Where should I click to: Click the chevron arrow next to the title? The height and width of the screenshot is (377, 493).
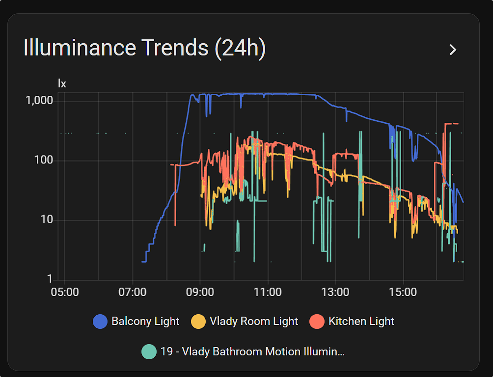pyautogui.click(x=453, y=50)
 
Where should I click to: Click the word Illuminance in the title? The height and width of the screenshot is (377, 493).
pyautogui.click(x=80, y=48)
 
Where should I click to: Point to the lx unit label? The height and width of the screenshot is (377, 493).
pyautogui.click(x=62, y=83)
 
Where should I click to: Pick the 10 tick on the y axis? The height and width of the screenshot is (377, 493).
pyautogui.click(x=46, y=219)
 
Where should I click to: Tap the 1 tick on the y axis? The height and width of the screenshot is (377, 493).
pyautogui.click(x=50, y=279)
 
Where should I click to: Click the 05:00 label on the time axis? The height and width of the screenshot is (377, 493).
pyautogui.click(x=65, y=292)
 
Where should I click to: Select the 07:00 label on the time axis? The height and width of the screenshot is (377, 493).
pyautogui.click(x=133, y=292)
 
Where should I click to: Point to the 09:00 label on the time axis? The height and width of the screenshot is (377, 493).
pyautogui.click(x=200, y=292)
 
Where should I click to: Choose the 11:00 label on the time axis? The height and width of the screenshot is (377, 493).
pyautogui.click(x=268, y=292)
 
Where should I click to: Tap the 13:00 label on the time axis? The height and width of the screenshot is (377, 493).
pyautogui.click(x=335, y=292)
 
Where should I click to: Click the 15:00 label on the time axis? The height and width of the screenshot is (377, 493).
pyautogui.click(x=403, y=292)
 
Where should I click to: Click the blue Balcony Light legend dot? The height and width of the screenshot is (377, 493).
pyautogui.click(x=100, y=322)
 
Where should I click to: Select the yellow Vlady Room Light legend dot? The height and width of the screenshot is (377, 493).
pyautogui.click(x=198, y=322)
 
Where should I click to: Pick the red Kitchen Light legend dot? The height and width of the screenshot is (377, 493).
pyautogui.click(x=317, y=322)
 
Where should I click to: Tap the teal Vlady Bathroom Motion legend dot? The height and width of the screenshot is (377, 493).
pyautogui.click(x=149, y=351)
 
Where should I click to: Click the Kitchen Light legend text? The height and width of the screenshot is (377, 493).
pyautogui.click(x=361, y=322)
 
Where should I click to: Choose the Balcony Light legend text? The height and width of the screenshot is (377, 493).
pyautogui.click(x=145, y=322)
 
